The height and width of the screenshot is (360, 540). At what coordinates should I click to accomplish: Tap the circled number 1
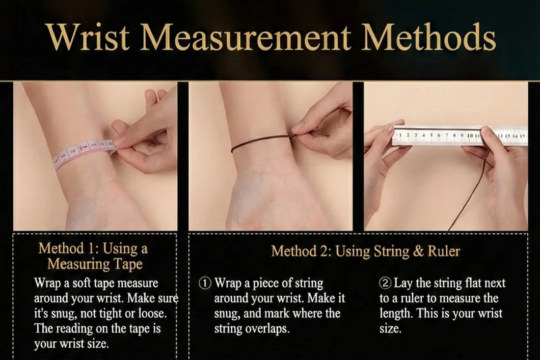tap(205, 284)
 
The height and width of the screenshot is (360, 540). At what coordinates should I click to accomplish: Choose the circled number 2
tap(385, 284)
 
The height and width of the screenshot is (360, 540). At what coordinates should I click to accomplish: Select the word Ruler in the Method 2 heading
tap(445, 252)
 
